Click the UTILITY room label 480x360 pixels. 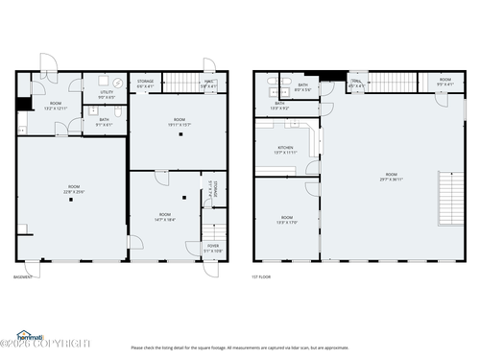coord(106,94)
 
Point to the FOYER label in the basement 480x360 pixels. coord(212,247)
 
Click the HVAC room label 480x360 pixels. coord(208,84)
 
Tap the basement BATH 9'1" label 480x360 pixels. coord(104,122)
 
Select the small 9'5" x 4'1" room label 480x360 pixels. coord(444,82)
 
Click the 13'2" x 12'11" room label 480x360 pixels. coord(56,106)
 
